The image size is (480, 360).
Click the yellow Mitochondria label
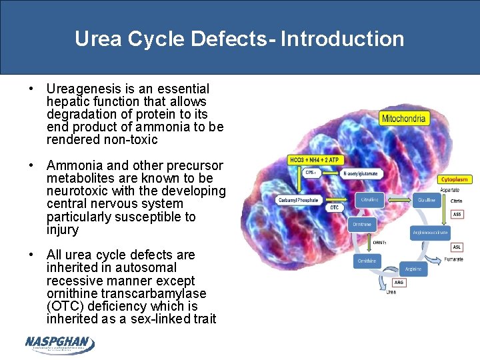403,119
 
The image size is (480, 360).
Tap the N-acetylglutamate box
360,173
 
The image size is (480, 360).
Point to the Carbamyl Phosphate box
298,200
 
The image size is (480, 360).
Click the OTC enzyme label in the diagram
334,207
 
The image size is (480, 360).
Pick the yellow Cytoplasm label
455,179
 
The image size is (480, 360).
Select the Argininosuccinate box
430,232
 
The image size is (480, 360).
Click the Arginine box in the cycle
413,269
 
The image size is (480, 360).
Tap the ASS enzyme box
457,214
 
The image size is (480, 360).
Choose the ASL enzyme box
457,247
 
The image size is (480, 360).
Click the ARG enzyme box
399,283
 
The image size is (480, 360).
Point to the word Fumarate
453,259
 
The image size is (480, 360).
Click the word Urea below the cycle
391,291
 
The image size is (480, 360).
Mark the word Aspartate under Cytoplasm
450,190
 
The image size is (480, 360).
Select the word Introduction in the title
342,39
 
